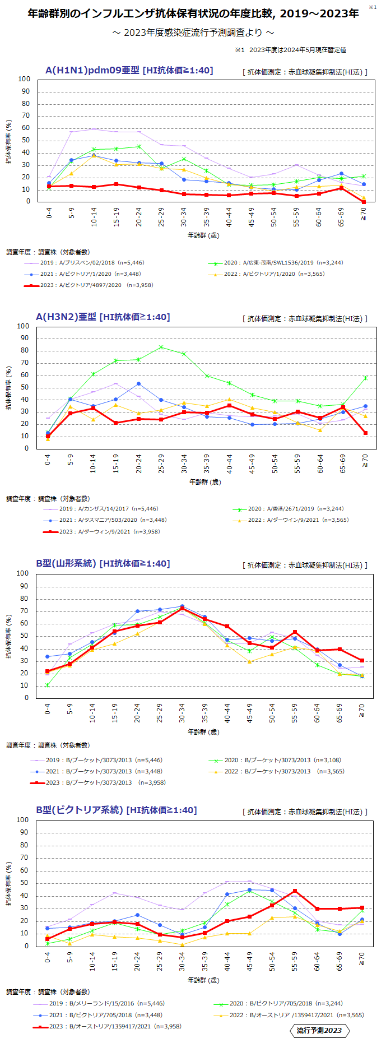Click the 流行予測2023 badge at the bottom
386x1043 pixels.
319,1030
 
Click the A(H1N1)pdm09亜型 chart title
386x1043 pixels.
129,70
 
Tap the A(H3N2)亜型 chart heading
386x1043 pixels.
103,317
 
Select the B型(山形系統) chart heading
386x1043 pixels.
103,563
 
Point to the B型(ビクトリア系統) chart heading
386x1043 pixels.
116,810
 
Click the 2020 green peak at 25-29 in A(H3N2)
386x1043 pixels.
161,347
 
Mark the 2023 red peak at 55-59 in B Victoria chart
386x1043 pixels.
295,891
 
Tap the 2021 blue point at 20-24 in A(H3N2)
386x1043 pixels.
138,384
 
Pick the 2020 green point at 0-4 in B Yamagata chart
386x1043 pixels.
48,685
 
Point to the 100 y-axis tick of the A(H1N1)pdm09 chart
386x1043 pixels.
24,79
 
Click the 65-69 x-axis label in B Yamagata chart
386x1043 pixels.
340,713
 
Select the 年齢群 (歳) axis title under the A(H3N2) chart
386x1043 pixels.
204,482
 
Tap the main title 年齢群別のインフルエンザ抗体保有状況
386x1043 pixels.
193,13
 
